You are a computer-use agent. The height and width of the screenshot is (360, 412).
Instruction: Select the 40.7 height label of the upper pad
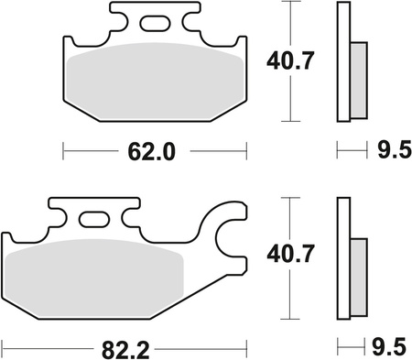coord(289,62)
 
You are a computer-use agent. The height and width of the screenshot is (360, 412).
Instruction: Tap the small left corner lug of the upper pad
coord(69,42)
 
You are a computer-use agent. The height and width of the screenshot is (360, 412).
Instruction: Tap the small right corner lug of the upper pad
coord(241,42)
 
